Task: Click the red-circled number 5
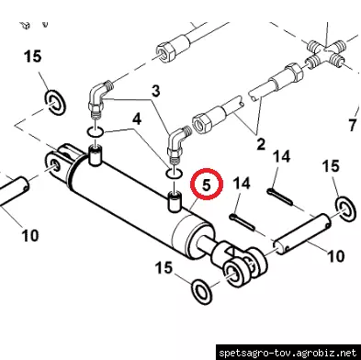coord(207,185)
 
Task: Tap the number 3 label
coord(156,91)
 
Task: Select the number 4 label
coord(137,118)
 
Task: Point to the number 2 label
coord(261,144)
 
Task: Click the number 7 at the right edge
coord(353,125)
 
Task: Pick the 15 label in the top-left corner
coord(32,57)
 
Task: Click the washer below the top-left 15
coord(55,103)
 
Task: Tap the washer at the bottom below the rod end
coord(202,291)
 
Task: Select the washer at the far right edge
coord(347,210)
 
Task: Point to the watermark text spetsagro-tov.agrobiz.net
coord(288,353)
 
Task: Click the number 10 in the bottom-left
coord(30,236)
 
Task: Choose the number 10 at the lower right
coord(336,256)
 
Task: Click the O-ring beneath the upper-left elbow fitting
coord(96,132)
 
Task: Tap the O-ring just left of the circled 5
coord(174,174)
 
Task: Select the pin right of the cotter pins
coord(302,234)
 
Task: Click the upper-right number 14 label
coord(281,156)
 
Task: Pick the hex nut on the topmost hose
coord(165,51)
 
